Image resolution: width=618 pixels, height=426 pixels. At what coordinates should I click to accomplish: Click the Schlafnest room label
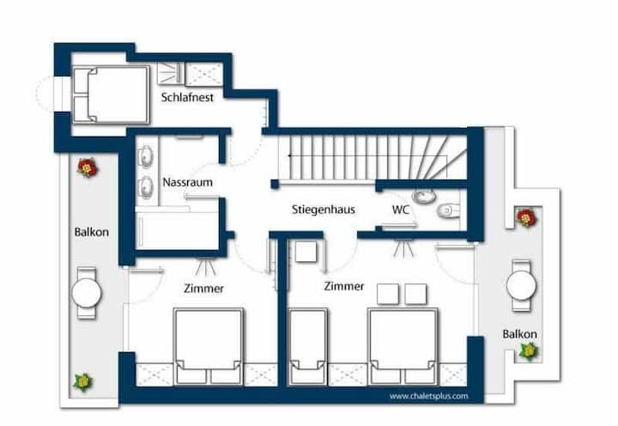[x=187, y=97]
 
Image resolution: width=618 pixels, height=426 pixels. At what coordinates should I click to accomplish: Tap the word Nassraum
[x=188, y=182]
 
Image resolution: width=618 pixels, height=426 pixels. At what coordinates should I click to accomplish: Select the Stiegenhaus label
[x=324, y=210]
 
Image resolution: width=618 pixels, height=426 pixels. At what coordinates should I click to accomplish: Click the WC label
[x=401, y=210]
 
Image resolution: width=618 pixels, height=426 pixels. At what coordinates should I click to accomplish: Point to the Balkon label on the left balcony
[x=92, y=232]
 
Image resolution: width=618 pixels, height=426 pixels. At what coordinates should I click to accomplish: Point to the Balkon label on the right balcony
[x=519, y=334]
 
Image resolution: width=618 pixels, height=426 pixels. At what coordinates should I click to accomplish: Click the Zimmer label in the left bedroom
[x=203, y=289]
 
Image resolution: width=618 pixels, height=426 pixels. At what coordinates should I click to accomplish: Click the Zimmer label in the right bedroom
[x=344, y=286]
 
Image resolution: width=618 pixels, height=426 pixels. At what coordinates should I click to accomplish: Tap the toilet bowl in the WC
[x=449, y=210]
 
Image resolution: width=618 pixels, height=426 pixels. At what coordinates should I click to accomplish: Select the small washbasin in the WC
[x=425, y=196]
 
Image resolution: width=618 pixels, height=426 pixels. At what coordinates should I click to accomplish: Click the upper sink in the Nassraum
[x=146, y=156]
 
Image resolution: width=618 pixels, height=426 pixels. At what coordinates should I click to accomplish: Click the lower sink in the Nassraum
[x=146, y=186]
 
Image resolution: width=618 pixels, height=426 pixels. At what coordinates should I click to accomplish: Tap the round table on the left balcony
[x=87, y=293]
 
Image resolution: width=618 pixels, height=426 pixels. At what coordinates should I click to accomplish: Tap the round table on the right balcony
[x=521, y=285]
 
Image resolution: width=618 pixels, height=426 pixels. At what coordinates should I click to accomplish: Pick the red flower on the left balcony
[x=87, y=167]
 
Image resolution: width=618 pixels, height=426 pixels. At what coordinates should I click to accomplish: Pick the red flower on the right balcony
[x=526, y=217]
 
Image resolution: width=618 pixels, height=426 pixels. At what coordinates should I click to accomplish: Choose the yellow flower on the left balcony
[x=83, y=382]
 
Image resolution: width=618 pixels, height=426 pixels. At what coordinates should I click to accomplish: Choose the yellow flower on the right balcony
[x=528, y=351]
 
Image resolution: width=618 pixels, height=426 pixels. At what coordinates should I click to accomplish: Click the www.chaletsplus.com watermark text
[x=429, y=396]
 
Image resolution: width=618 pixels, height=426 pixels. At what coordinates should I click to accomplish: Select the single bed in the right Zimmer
[x=308, y=346]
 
